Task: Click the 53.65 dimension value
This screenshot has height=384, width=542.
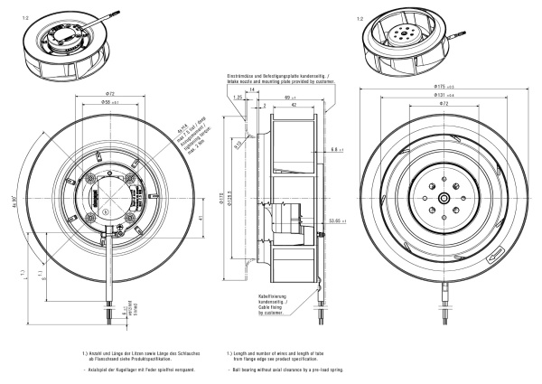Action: pyautogui.click(x=337, y=219)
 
